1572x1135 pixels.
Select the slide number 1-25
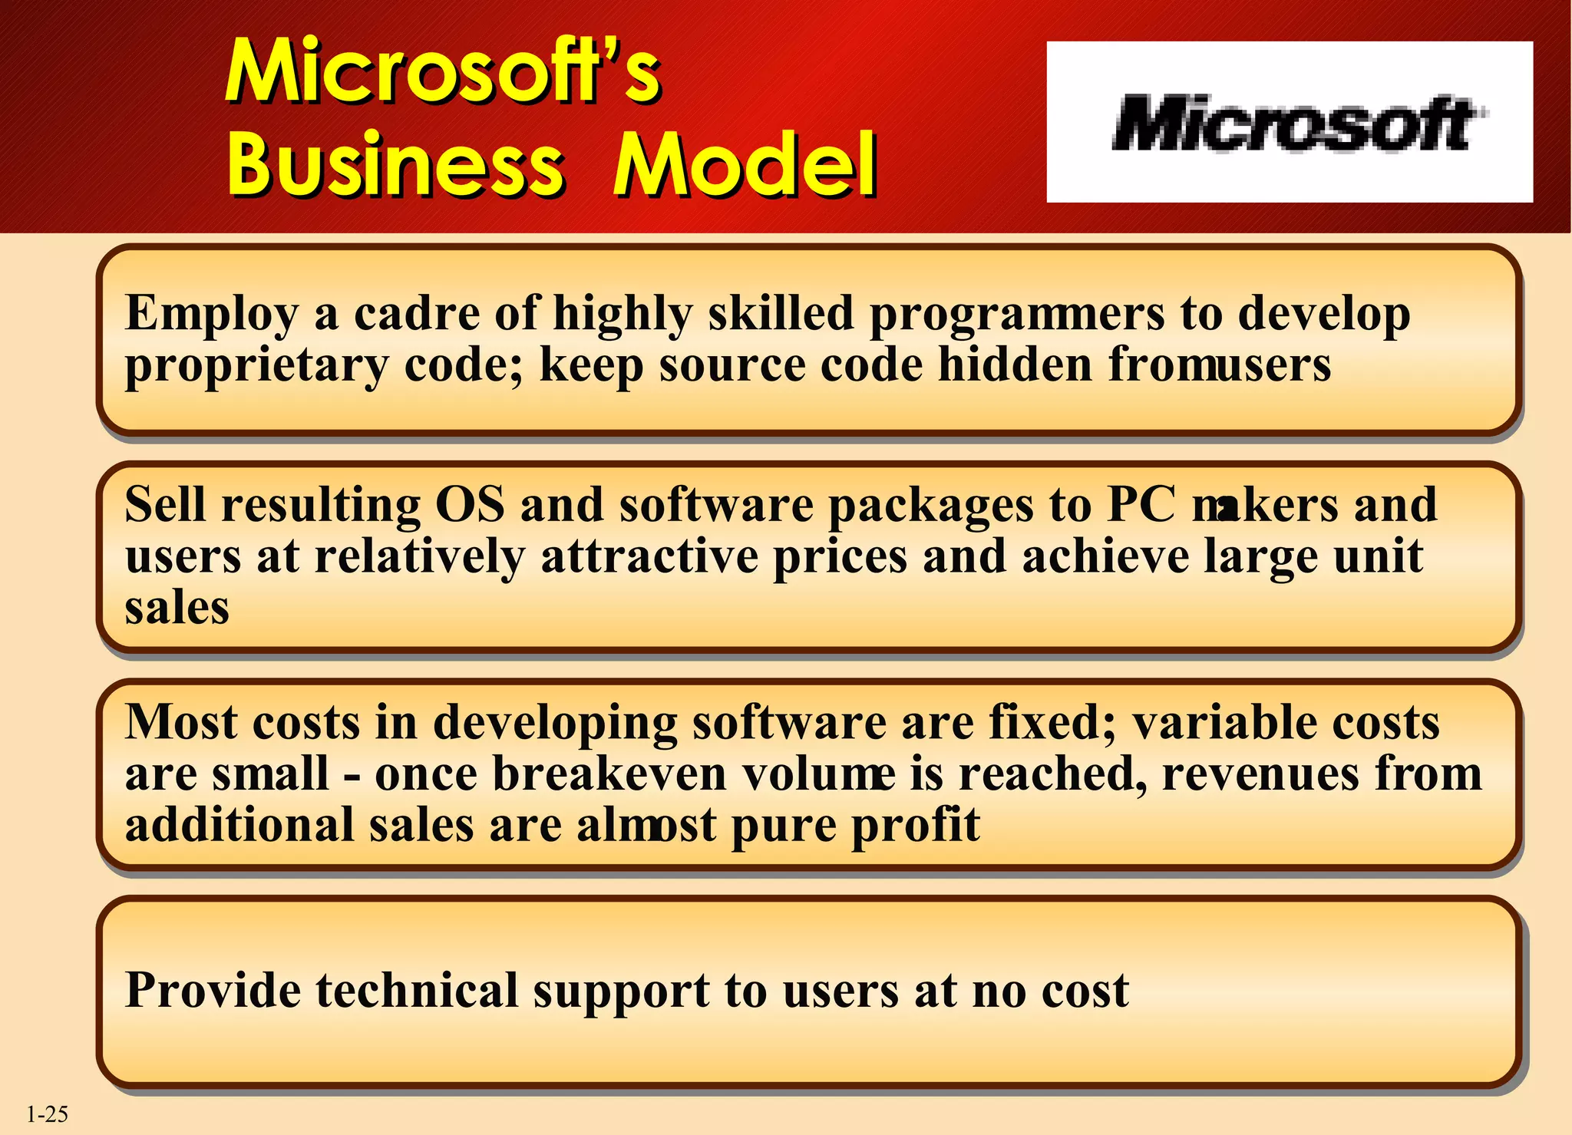[x=48, y=1114]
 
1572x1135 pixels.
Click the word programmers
[x=1017, y=315]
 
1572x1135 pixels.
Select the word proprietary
[x=256, y=365]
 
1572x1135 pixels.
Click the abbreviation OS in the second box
[x=470, y=505]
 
